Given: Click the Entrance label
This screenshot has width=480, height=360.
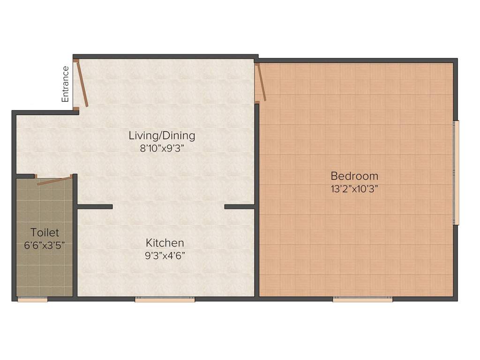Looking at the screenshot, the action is click(x=65, y=84).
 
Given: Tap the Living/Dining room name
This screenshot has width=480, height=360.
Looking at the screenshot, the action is click(x=162, y=135).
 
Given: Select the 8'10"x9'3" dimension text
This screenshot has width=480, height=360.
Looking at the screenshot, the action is click(x=162, y=149).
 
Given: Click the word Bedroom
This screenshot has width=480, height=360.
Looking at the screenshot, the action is click(x=354, y=176).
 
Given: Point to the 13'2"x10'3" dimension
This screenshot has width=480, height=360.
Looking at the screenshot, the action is click(x=354, y=189).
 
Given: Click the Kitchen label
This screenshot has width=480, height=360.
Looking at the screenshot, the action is click(x=165, y=243).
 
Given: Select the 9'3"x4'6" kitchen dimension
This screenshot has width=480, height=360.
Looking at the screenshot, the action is click(x=165, y=255).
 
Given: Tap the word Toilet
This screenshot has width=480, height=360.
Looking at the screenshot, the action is click(x=45, y=232).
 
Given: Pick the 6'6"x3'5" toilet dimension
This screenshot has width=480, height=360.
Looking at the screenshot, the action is click(x=45, y=246).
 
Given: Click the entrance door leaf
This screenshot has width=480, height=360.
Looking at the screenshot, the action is click(x=82, y=83).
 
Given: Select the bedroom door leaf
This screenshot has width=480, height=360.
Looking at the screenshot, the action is click(x=261, y=82).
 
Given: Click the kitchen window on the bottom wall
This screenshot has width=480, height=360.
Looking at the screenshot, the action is click(x=165, y=300).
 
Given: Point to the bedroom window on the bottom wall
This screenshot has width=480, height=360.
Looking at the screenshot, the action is click(x=362, y=300).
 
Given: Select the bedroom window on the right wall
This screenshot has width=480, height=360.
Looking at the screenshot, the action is click(x=456, y=173).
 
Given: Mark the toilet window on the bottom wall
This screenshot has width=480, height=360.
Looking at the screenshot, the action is click(x=32, y=300).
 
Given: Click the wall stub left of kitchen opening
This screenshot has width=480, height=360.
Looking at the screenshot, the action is click(x=95, y=207).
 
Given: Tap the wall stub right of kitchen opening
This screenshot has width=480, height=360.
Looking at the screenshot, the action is click(x=240, y=207).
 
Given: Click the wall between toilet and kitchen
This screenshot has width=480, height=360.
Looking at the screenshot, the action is click(x=75, y=236).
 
